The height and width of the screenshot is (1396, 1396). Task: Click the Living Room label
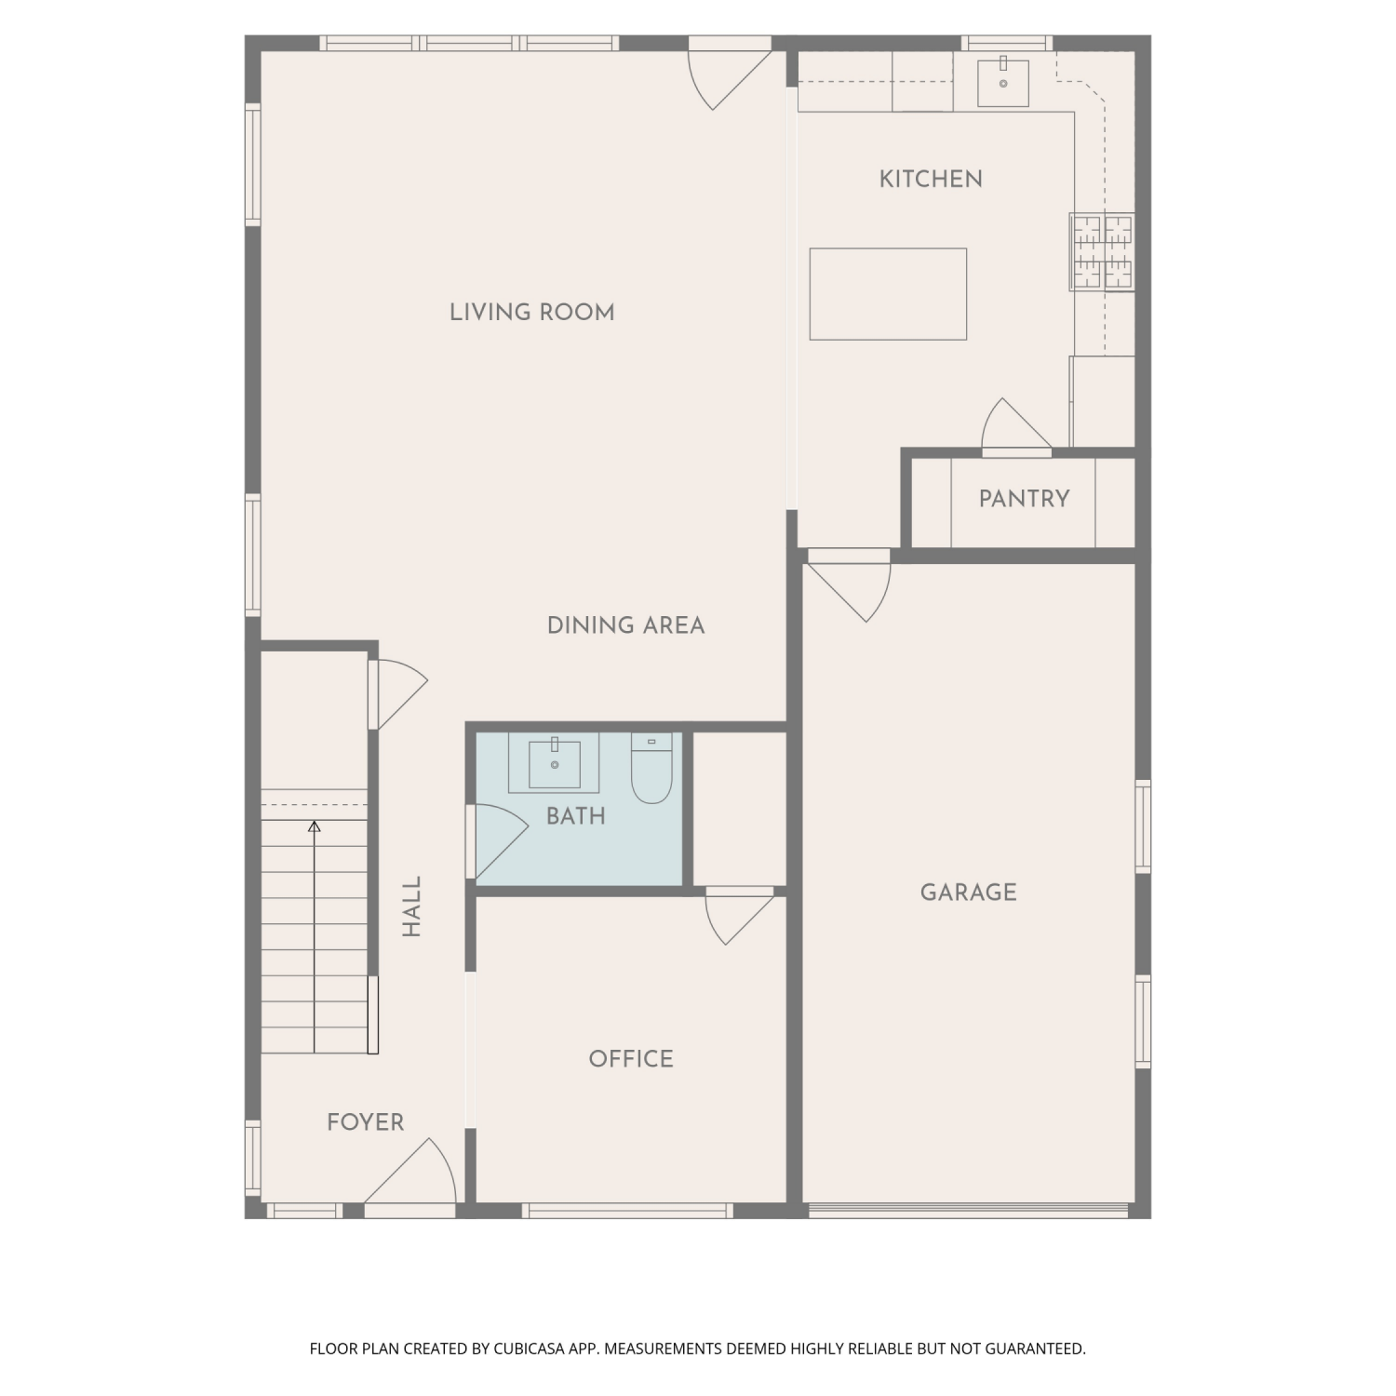click(x=531, y=312)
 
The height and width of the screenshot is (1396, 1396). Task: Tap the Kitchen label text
click(x=931, y=179)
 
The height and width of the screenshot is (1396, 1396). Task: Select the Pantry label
click(x=1024, y=499)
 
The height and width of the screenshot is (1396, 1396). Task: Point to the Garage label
click(x=968, y=893)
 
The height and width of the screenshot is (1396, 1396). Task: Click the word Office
click(x=631, y=1059)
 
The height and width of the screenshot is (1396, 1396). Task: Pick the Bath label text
click(x=576, y=816)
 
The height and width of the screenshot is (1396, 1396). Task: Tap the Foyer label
click(x=366, y=1122)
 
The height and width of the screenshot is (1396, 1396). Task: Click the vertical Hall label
click(x=412, y=906)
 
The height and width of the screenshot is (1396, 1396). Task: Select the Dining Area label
click(x=625, y=625)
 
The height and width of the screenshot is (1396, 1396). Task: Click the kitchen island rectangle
click(x=888, y=294)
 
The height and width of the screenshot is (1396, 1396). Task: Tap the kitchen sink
click(x=1003, y=83)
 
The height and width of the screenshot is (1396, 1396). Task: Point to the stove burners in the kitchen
click(x=1103, y=251)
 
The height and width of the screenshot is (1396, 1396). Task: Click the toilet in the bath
click(x=651, y=768)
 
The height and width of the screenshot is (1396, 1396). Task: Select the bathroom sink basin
click(x=555, y=763)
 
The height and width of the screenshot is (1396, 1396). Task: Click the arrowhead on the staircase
click(x=315, y=826)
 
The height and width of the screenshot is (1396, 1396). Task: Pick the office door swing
click(x=740, y=918)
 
